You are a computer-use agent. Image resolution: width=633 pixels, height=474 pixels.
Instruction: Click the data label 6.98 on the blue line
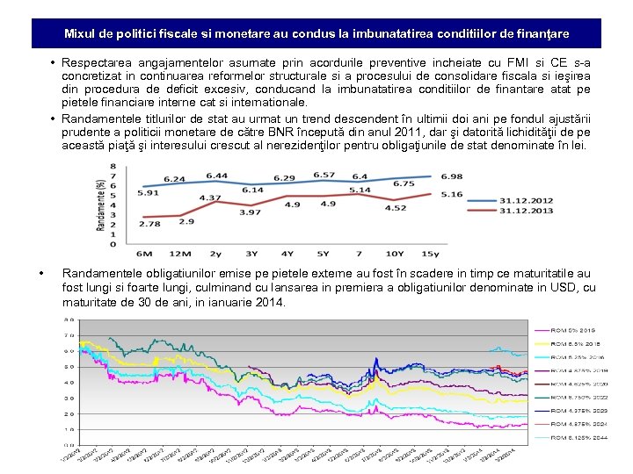451,177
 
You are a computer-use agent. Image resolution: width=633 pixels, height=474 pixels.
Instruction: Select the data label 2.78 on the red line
149,224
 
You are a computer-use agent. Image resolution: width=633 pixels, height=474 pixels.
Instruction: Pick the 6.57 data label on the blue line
324,176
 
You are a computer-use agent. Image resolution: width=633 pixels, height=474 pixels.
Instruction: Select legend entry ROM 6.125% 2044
578,436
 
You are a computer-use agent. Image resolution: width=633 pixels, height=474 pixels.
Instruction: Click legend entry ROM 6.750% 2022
578,397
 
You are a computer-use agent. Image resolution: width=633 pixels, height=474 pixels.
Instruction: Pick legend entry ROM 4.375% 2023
578,410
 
